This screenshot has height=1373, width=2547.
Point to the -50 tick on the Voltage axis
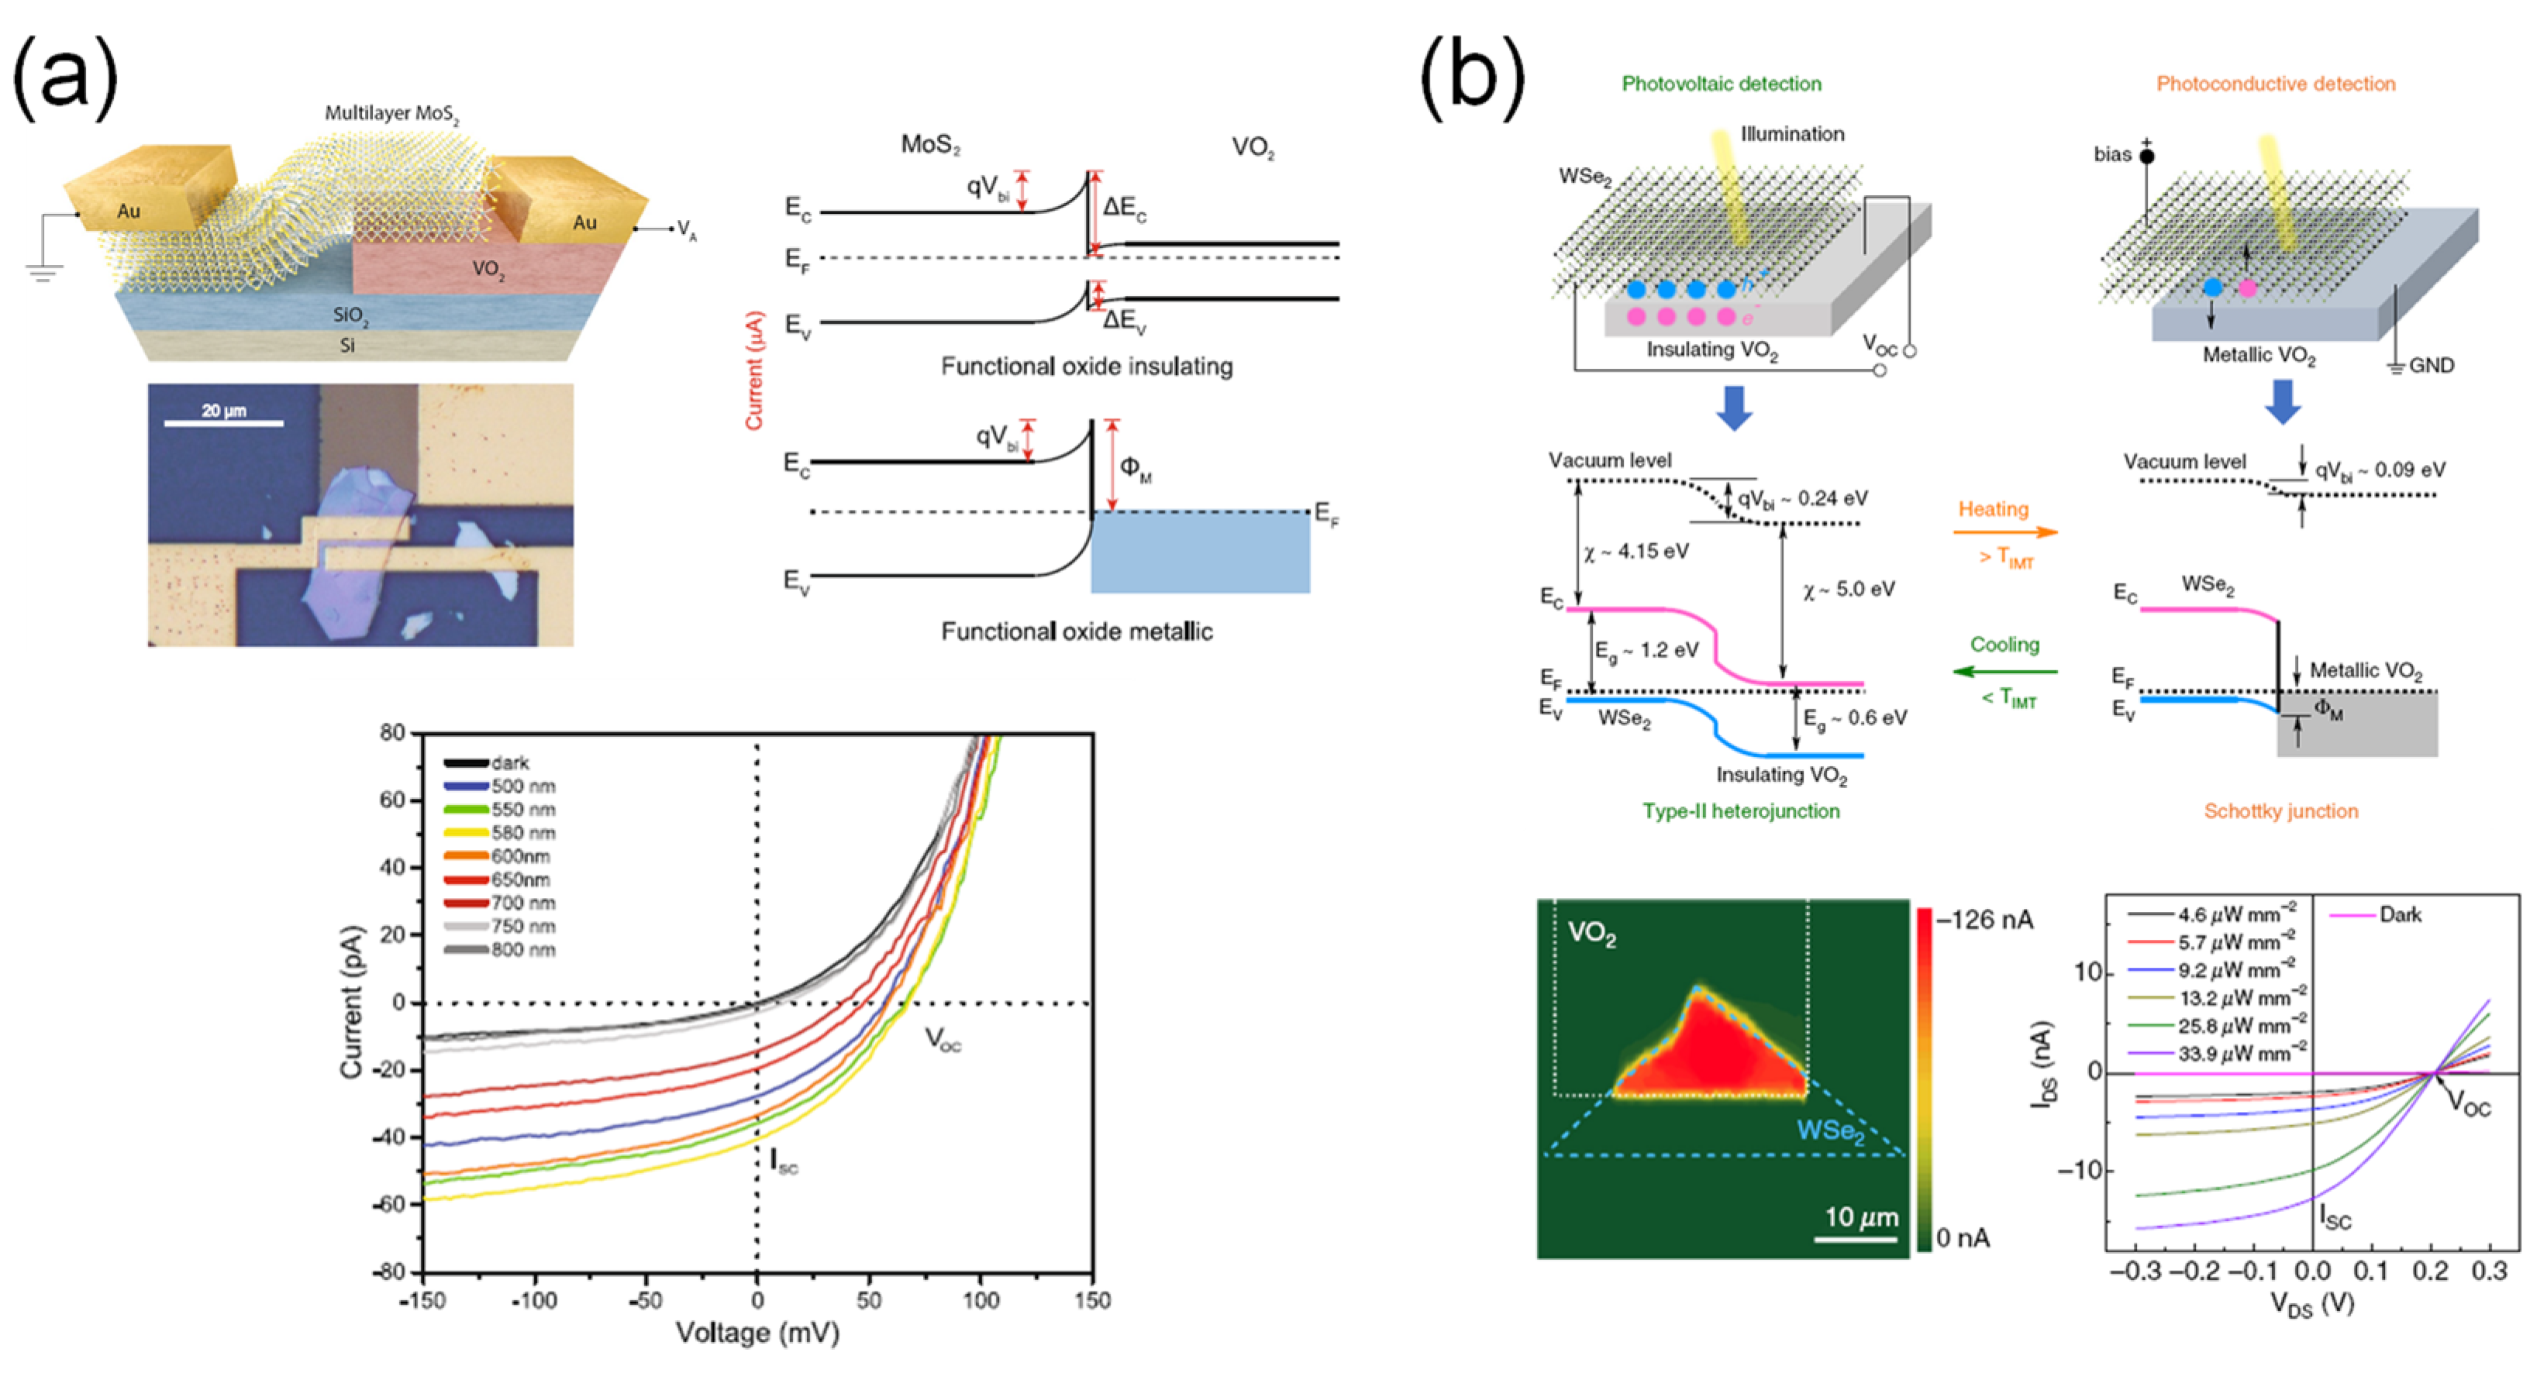(645, 1300)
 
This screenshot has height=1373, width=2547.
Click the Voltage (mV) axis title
(757, 1333)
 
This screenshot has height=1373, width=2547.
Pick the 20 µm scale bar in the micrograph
(223, 423)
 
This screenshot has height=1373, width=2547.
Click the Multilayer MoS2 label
(392, 114)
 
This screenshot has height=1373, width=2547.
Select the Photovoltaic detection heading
(1722, 84)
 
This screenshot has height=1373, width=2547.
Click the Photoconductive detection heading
(2276, 84)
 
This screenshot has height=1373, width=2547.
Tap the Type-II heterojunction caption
(1741, 811)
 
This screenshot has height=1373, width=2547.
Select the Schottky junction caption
(2281, 811)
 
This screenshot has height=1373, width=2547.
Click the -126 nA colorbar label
(1984, 920)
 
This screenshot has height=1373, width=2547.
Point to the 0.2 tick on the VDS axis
(2430, 1270)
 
